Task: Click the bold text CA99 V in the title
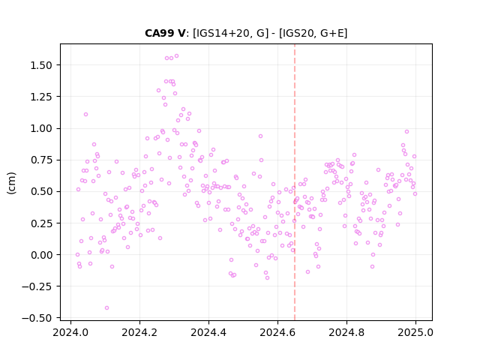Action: coord(165,33)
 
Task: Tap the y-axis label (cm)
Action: coord(11,183)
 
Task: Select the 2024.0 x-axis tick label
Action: coord(70,332)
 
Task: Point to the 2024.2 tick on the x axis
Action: coord(139,332)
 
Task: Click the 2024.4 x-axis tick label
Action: coord(208,332)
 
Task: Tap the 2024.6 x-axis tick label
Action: coord(277,332)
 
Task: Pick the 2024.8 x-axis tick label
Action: coord(346,332)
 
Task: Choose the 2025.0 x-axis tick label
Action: coord(415,332)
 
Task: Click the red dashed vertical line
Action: coord(295,182)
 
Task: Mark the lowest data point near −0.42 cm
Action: coord(106,308)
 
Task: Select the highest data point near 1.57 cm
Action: coord(177,56)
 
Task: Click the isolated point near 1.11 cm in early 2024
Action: coord(85,115)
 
